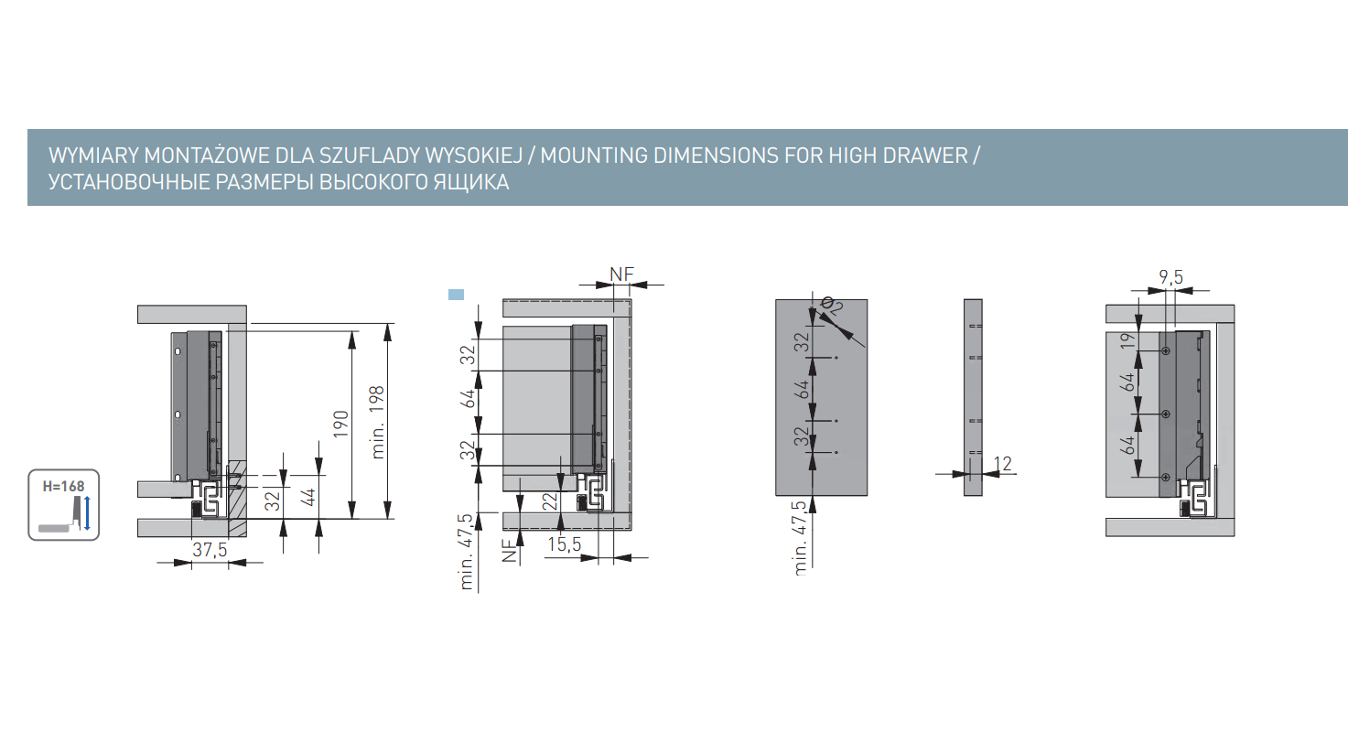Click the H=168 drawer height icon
point(62,504)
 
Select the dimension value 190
point(340,426)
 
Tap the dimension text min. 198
point(378,422)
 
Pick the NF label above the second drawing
point(621,274)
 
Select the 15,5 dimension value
point(565,544)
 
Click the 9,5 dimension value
point(1170,276)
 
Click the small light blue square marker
point(456,295)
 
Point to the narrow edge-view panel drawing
point(973,396)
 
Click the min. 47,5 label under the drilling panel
point(803,536)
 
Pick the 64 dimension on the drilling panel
point(803,389)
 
